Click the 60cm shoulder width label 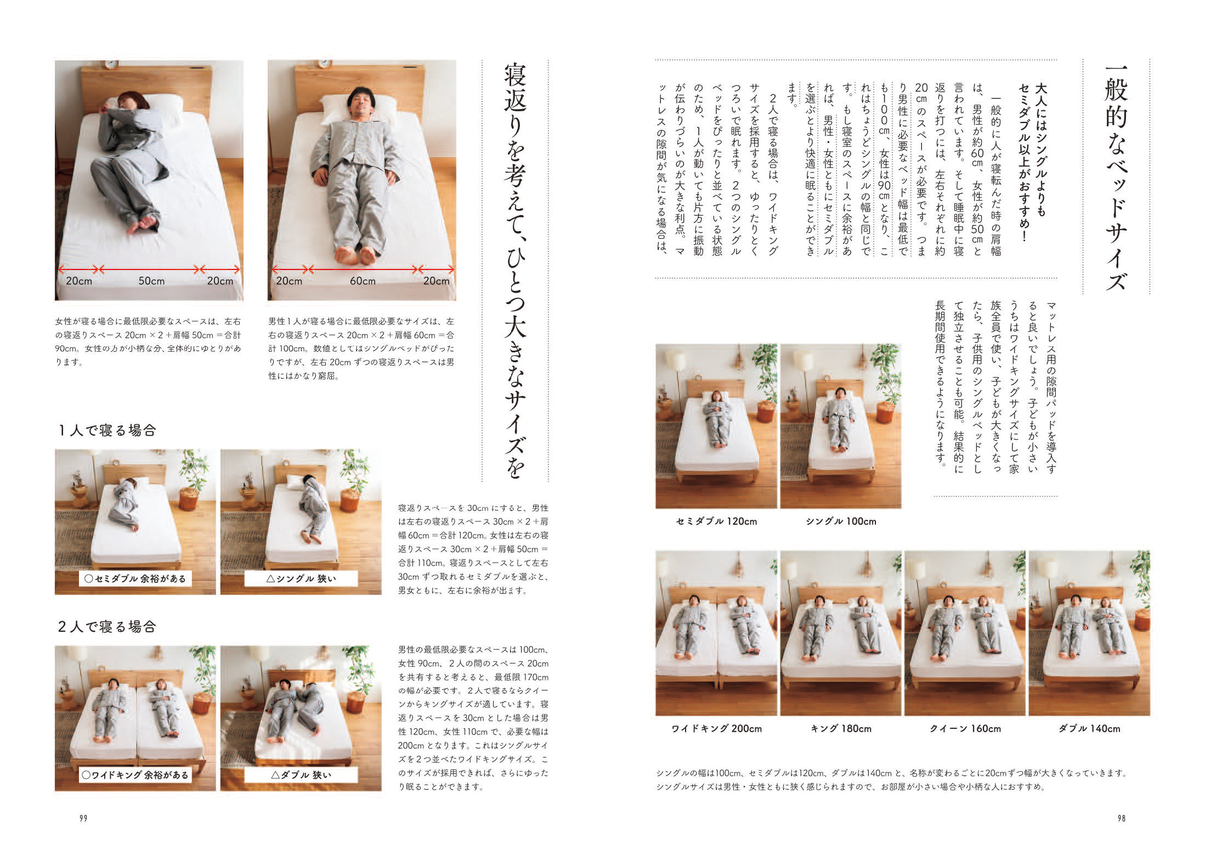tap(363, 281)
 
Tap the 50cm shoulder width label tap(151, 281)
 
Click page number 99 tap(84, 818)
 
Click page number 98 tap(1121, 818)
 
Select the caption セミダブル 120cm tap(716, 521)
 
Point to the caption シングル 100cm tap(841, 521)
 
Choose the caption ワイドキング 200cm tap(716, 729)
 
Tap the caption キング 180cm tap(841, 729)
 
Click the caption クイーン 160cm tap(965, 729)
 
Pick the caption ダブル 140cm tap(1089, 729)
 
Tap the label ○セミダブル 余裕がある tap(135, 578)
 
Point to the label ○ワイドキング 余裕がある tap(135, 775)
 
